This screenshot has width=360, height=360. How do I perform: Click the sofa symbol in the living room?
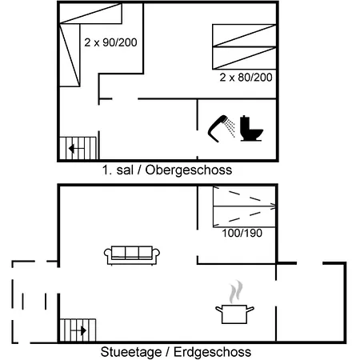pyautogui.click(x=133, y=254)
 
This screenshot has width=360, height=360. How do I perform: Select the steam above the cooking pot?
pyautogui.click(x=235, y=290)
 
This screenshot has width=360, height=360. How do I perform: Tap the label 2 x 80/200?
pyautogui.click(x=246, y=78)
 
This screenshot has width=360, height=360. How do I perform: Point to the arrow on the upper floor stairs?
pyautogui.click(x=73, y=148)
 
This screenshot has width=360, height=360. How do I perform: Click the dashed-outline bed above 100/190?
pyautogui.click(x=244, y=206)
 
